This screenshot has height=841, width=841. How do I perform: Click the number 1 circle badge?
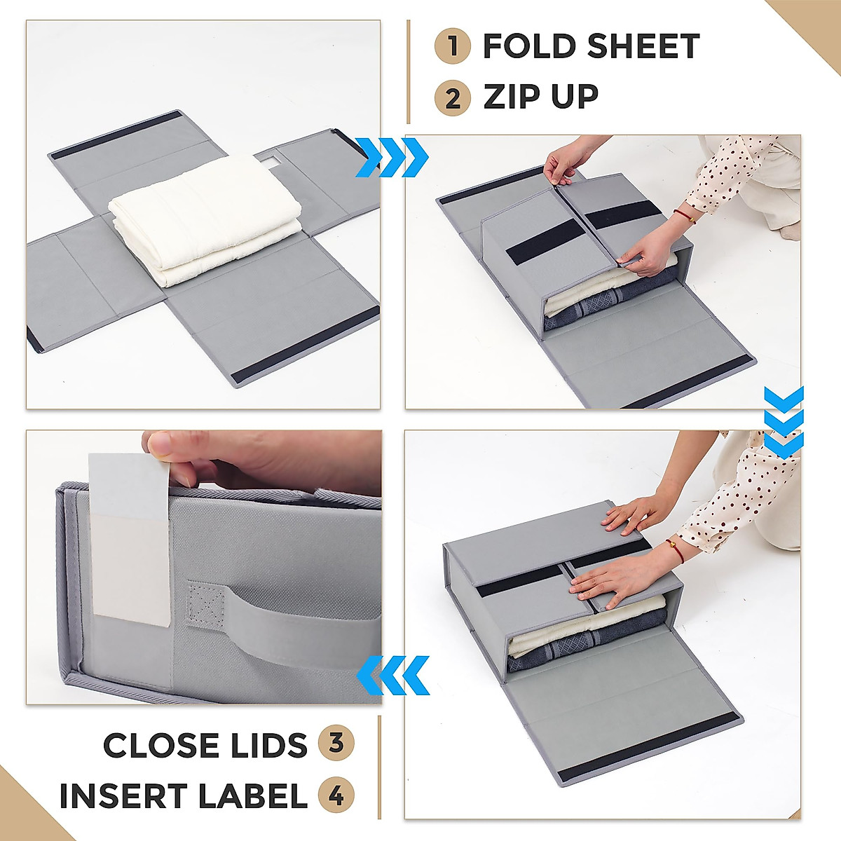click(453, 46)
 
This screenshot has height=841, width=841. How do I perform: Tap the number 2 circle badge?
click(453, 97)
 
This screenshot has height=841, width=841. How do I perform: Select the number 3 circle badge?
click(336, 743)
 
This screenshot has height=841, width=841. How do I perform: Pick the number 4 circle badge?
click(336, 795)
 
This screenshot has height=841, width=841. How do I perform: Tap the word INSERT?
click(121, 796)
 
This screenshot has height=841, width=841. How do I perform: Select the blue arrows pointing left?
click(393, 675)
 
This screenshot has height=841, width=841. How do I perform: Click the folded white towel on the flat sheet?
click(205, 217)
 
